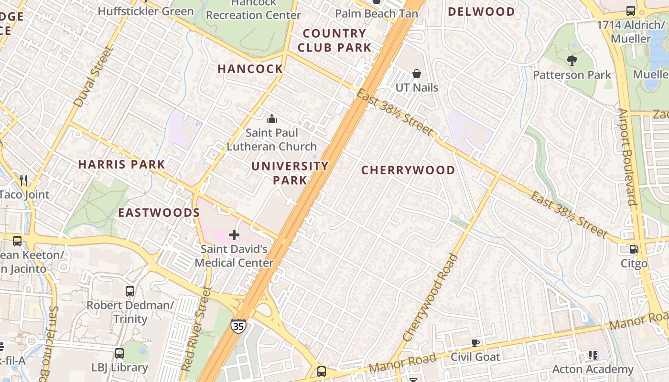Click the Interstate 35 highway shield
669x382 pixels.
[238, 326]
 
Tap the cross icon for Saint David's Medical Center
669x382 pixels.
[234, 234]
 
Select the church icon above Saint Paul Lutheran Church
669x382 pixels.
[272, 119]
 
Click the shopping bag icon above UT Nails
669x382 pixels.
[417, 74]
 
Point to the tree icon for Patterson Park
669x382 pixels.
[572, 61]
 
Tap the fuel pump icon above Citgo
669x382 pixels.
[634, 249]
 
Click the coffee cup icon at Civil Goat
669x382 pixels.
[475, 342]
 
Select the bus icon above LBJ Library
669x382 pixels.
[119, 353]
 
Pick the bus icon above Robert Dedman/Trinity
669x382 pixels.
[129, 291]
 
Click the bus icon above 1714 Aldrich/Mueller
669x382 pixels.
[631, 11]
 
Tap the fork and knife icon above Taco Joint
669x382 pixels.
[23, 180]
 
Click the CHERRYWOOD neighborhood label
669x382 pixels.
[408, 170]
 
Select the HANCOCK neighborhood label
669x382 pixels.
[250, 69]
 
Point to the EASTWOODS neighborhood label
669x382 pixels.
[159, 212]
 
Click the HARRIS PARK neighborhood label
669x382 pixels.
[121, 164]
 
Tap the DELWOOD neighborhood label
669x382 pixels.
[481, 11]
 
